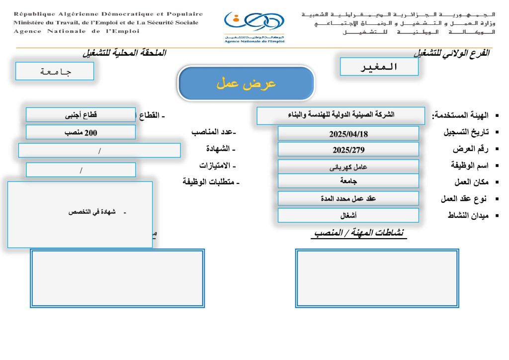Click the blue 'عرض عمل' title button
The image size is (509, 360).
pyautogui.click(x=246, y=83)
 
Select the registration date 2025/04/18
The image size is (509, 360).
pyautogui.click(x=348, y=134)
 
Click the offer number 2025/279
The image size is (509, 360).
pyautogui.click(x=348, y=150)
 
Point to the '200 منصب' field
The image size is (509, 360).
pyautogui.click(x=81, y=132)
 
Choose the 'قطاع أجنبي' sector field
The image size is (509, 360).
pyautogui.click(x=81, y=115)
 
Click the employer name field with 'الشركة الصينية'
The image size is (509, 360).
pyautogui.click(x=341, y=115)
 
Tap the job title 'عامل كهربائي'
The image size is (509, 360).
pyautogui.click(x=348, y=167)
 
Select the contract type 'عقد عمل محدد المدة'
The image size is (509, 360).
pyautogui.click(x=348, y=198)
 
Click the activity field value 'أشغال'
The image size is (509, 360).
pyautogui.click(x=348, y=215)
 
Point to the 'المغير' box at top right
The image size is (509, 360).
pyautogui.click(x=379, y=67)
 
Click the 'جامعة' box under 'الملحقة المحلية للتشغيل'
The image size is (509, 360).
pyautogui.click(x=55, y=71)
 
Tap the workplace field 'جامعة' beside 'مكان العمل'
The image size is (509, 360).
pyautogui.click(x=348, y=181)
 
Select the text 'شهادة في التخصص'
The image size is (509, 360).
pyautogui.click(x=92, y=212)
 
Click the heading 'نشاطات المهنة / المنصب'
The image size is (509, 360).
pyautogui.click(x=359, y=233)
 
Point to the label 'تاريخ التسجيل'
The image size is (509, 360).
pyautogui.click(x=465, y=133)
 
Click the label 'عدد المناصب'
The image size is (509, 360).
pyautogui.click(x=214, y=132)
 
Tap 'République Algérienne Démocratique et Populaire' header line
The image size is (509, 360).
pyautogui.click(x=108, y=14)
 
